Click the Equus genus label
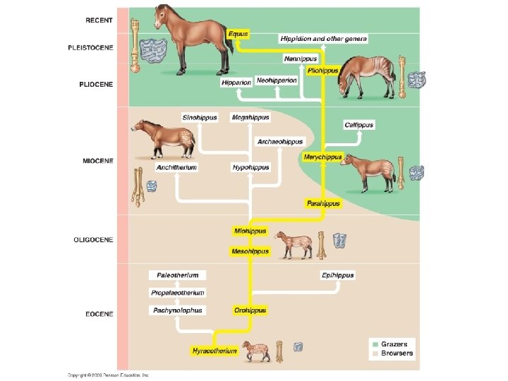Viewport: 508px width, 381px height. click(238, 34)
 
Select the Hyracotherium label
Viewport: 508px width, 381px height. click(214, 351)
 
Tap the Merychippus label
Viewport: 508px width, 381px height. click(322, 157)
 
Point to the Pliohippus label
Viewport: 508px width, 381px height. click(323, 71)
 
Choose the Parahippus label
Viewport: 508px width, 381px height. click(323, 203)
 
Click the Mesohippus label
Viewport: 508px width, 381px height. click(250, 251)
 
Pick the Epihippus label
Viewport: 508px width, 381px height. click(337, 275)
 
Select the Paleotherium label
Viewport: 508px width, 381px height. click(178, 275)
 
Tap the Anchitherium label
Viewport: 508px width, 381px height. click(176, 168)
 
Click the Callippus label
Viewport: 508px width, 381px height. click(359, 125)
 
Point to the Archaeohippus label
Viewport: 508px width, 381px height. click(279, 142)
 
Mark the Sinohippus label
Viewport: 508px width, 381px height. click(200, 117)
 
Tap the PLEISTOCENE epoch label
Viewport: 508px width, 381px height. click(90, 48)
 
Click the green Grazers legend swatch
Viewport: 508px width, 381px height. click(375, 344)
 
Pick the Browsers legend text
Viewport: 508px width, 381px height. click(397, 353)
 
